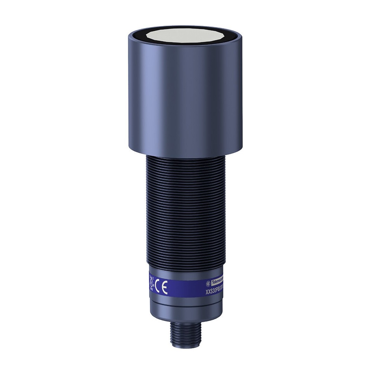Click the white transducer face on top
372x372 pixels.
[185, 36]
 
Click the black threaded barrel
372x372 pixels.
[185, 208]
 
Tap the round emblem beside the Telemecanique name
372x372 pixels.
[208, 283]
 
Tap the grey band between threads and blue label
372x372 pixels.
[185, 270]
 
